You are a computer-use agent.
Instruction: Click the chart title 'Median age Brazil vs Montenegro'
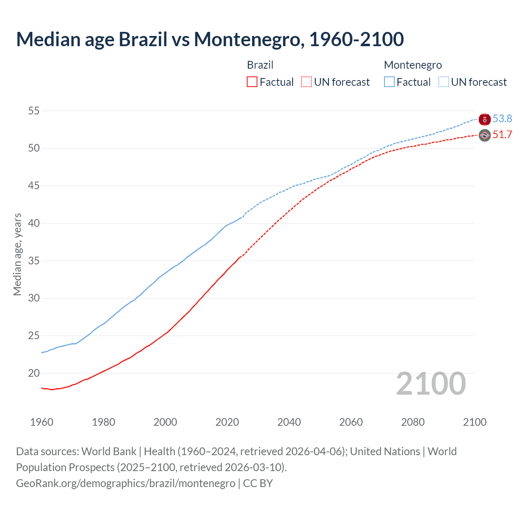click(210, 40)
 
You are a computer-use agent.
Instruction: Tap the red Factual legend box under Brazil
click(252, 82)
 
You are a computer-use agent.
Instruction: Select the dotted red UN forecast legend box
click(306, 82)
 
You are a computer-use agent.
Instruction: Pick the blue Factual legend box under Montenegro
click(389, 82)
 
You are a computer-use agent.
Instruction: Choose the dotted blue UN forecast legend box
click(444, 82)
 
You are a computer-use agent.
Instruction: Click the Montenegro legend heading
click(413, 65)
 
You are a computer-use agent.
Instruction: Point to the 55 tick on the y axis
click(34, 111)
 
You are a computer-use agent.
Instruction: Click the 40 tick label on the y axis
click(34, 223)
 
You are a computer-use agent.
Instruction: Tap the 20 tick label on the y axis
click(34, 373)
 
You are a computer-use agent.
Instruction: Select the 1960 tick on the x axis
click(42, 422)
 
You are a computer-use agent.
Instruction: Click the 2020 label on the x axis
click(227, 422)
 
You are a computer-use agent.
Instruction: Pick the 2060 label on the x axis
click(351, 422)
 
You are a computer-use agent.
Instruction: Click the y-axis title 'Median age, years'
click(17, 254)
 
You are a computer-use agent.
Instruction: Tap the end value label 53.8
click(502, 118)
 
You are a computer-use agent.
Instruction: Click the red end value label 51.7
click(502, 135)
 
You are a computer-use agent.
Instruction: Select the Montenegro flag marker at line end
click(485, 119)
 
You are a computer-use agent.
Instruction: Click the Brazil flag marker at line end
click(485, 135)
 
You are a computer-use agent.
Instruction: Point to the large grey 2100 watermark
click(431, 384)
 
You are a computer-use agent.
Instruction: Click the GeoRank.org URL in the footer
click(125, 483)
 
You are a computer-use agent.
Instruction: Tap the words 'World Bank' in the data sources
click(109, 451)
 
